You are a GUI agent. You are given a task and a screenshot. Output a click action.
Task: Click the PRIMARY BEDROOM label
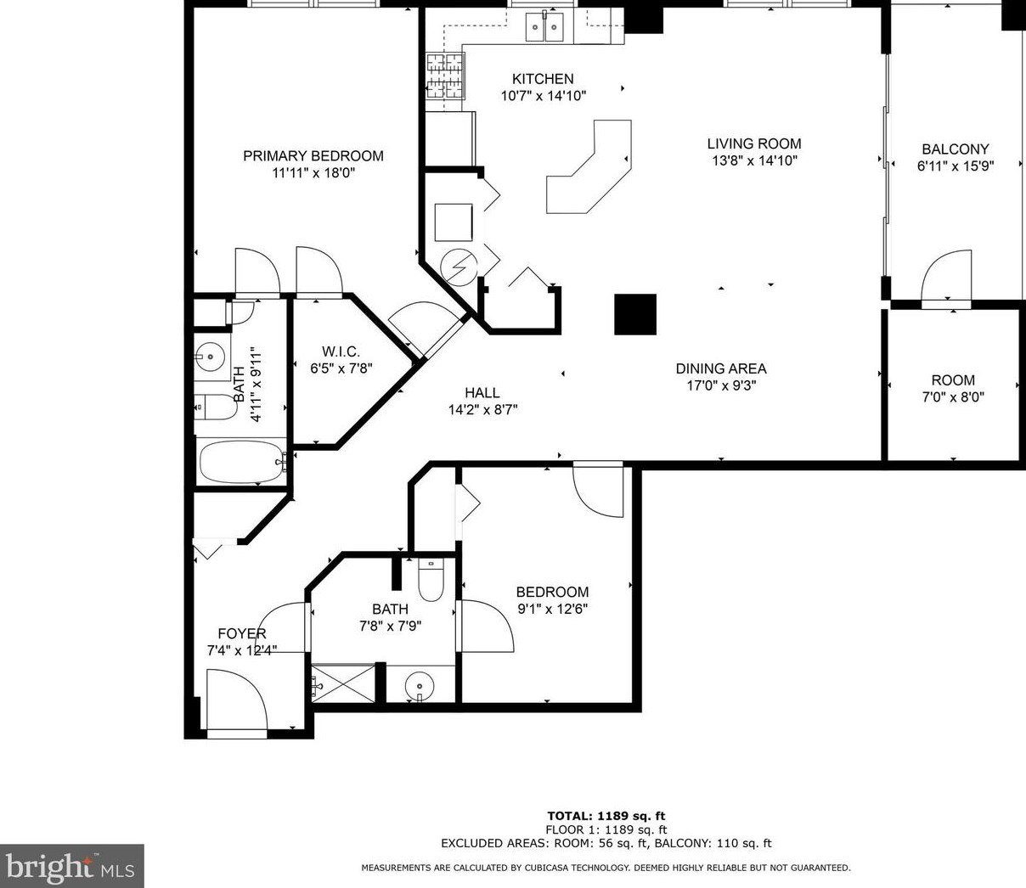[x=313, y=155]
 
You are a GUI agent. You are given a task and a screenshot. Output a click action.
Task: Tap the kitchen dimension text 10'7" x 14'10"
[x=543, y=96]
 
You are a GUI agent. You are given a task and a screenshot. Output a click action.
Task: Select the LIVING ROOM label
[x=754, y=143]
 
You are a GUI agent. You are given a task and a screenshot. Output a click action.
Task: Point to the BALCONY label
[x=956, y=149]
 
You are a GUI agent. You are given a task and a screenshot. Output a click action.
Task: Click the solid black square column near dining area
[x=635, y=314]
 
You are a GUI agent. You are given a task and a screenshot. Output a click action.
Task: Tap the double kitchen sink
[x=544, y=28]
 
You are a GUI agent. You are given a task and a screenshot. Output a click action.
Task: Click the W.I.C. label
[x=341, y=351]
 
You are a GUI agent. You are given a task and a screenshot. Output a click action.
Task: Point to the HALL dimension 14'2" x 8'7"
[x=482, y=409]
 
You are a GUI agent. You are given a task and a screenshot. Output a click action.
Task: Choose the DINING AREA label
[x=721, y=368]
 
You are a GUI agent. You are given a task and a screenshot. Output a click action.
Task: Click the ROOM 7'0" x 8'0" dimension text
[x=953, y=396]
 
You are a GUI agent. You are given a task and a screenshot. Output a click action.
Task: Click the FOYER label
[x=242, y=633]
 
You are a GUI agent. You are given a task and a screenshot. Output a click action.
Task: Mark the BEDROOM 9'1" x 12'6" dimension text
[x=552, y=609]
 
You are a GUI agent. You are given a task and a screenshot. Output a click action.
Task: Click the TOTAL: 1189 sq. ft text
[x=606, y=816]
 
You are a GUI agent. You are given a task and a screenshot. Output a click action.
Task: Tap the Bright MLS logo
[x=71, y=866]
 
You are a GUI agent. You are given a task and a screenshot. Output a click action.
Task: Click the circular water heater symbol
[x=458, y=267]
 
